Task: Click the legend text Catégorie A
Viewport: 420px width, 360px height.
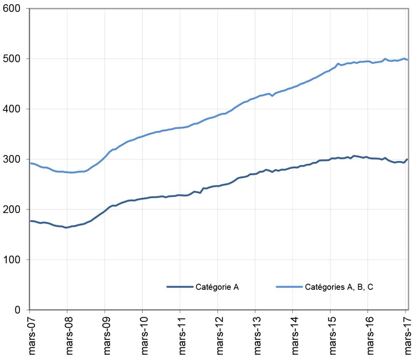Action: (217, 287)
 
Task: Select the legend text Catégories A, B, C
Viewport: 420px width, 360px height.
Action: (339, 287)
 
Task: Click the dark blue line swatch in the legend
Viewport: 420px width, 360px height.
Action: (180, 287)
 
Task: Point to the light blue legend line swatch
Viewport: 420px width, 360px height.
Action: (289, 287)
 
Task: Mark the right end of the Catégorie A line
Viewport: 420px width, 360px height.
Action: (407, 159)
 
